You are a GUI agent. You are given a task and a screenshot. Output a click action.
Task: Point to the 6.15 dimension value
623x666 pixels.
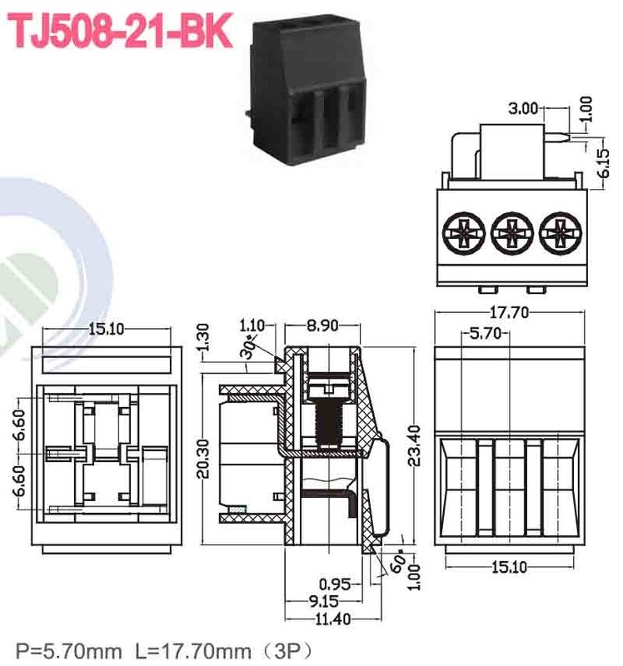[606, 158]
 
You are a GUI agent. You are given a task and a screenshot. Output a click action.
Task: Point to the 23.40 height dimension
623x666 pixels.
[419, 445]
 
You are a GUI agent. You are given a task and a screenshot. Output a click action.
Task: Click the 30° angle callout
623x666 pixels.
[249, 350]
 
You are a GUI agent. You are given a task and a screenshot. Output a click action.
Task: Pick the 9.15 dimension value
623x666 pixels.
[324, 600]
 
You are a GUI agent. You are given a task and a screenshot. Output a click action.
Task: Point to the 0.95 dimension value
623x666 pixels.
[335, 583]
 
